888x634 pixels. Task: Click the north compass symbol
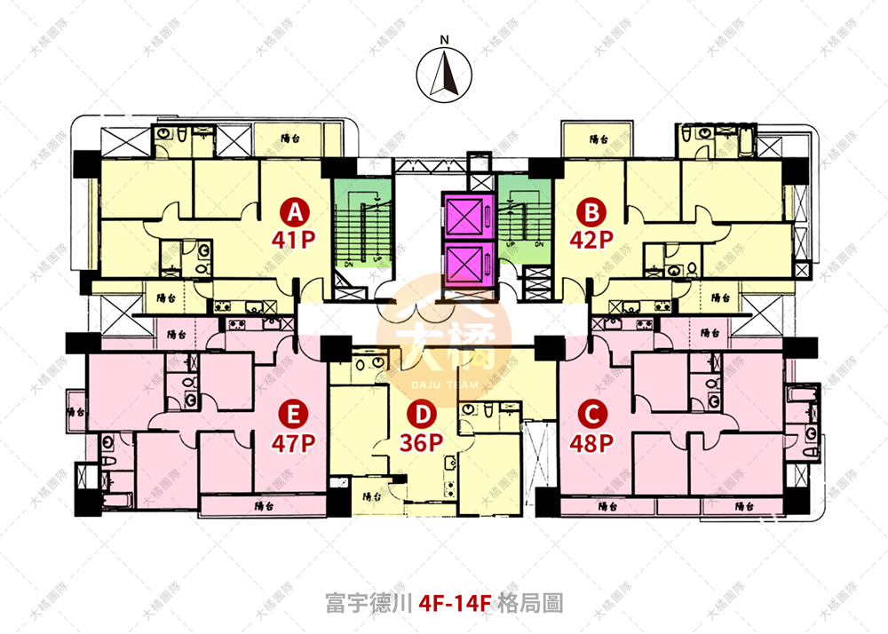click(447, 75)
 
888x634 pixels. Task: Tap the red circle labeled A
click(295, 210)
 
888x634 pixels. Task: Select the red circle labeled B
click(589, 210)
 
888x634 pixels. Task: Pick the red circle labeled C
click(589, 414)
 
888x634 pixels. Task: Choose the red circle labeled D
click(424, 414)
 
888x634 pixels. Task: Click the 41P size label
click(295, 239)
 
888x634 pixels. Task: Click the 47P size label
click(289, 441)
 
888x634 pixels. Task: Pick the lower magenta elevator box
click(468, 263)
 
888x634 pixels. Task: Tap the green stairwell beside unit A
click(361, 229)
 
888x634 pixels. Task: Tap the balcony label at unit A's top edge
click(289, 139)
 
